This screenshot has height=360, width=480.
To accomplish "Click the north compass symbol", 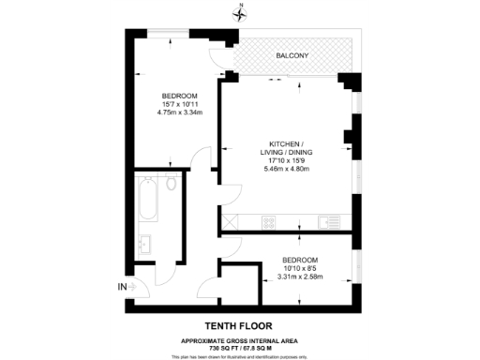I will tap(241, 11).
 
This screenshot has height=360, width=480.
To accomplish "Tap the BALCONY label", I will tap(293, 57).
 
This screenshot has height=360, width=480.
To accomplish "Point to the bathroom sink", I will tap(145, 245).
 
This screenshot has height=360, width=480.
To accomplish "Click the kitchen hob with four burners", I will tap(269, 222).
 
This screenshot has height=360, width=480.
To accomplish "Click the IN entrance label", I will tap(121, 286).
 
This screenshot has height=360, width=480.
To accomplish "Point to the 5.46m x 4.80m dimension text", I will tap(286, 170).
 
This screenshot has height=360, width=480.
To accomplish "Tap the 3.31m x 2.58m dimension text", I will tap(299, 277).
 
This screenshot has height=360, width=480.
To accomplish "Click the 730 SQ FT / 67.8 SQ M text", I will tap(240, 347).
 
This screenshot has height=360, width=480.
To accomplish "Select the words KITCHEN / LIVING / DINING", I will tap(286, 148).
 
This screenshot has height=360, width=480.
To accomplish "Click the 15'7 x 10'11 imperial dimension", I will tap(178, 105).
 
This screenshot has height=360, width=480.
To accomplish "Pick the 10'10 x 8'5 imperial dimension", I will tap(299, 267).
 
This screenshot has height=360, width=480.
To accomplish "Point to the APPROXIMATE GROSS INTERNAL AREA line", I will tap(240, 339).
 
